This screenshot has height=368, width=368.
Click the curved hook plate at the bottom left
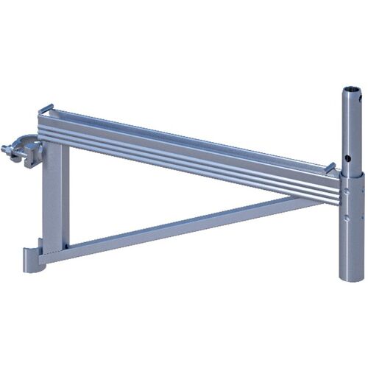tap(32, 258)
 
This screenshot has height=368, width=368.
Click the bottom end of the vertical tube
tap(351, 275)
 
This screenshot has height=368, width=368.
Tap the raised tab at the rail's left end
tap(46, 109)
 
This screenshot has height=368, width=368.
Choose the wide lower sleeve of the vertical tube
tap(351, 236)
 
